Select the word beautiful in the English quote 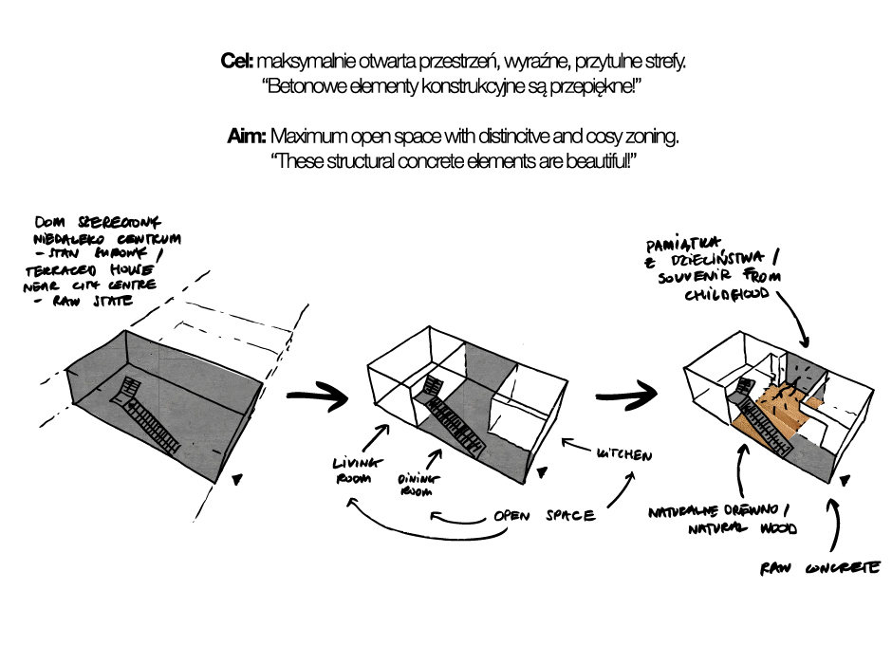point(589,162)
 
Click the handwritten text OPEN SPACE point(544,517)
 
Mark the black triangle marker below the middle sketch point(543,470)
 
